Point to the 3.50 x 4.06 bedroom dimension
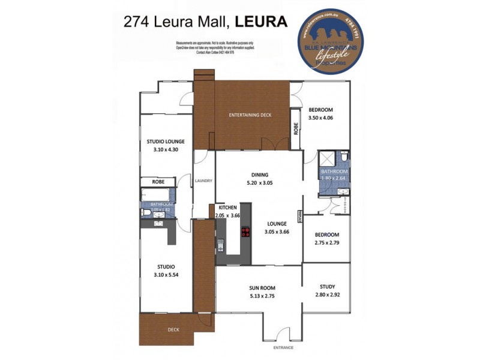coord(320,118)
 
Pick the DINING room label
coord(259,175)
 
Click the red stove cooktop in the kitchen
coord(245,232)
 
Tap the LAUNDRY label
coord(203,181)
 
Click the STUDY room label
coord(327,287)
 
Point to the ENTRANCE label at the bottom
coord(284,348)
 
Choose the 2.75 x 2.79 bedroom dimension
coord(327,242)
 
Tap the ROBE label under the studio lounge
coord(158,181)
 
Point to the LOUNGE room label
coord(277,224)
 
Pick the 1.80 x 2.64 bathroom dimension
coord(334,178)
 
